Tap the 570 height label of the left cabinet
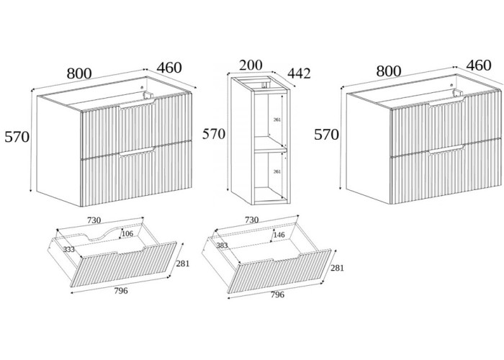click(17, 137)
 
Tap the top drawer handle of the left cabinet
click(138, 106)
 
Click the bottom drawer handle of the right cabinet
click(446, 150)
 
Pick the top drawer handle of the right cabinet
click(446, 105)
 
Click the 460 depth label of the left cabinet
click(168, 68)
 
